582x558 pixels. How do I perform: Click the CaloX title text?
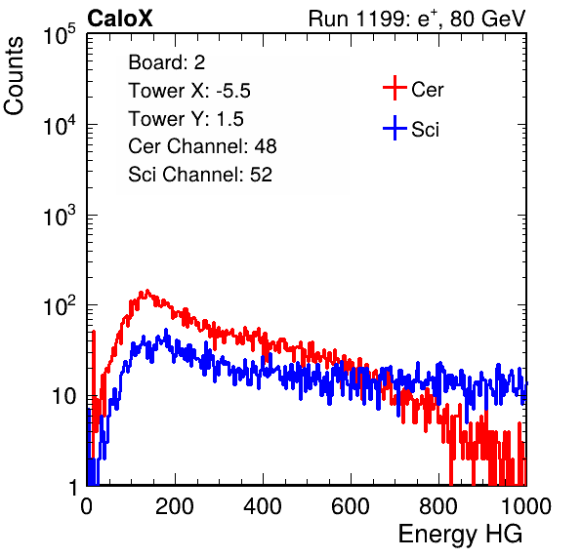pos(120,19)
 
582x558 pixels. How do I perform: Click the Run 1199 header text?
pos(417,19)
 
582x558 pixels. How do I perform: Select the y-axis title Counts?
pos(14,76)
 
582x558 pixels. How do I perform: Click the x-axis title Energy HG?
pos(460,534)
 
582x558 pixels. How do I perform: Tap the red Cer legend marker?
pos(395,88)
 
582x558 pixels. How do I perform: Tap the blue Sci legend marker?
pos(395,128)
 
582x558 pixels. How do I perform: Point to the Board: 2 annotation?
pos(167,62)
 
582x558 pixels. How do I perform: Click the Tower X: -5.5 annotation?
pos(189,91)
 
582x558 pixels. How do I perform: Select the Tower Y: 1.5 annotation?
pos(186,119)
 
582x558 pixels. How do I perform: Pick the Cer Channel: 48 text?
pos(202,146)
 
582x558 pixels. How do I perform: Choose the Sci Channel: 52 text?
pos(200,175)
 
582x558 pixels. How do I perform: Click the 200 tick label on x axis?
pos(175,506)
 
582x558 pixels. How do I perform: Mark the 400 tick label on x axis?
pos(263,506)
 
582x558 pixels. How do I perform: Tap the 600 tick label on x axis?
pos(351,506)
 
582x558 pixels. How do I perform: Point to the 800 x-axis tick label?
pos(438,506)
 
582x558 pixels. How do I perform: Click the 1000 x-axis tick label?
pos(526,506)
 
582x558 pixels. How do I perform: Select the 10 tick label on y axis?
pos(63,397)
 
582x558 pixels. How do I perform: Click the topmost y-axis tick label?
pos(60,34)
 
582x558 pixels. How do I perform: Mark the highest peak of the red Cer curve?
pos(147,291)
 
